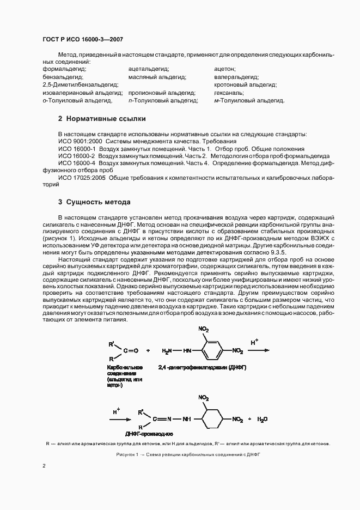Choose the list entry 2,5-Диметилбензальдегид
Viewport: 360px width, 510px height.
pyautogui.click(x=80, y=85)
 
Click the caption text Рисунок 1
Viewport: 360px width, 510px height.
pyautogui.click(x=129, y=454)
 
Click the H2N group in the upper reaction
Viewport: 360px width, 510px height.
pyautogui.click(x=167, y=351)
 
